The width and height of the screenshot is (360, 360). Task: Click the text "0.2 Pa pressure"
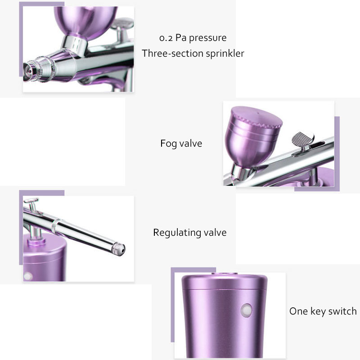point(193,38)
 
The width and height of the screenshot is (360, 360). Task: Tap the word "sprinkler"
point(225,54)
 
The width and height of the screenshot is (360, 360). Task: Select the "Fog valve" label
point(181,144)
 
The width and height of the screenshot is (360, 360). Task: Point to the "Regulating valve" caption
point(189,233)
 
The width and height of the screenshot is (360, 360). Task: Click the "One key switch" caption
point(323,311)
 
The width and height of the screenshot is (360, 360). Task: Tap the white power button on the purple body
point(246,310)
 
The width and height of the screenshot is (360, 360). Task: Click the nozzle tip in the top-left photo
point(29,71)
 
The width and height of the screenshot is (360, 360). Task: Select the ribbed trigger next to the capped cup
point(303,139)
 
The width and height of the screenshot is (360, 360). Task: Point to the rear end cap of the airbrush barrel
point(118,249)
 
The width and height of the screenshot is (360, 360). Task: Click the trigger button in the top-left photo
point(122,24)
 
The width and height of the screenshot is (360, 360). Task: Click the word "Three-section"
point(172,54)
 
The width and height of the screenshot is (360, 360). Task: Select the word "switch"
point(342,311)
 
